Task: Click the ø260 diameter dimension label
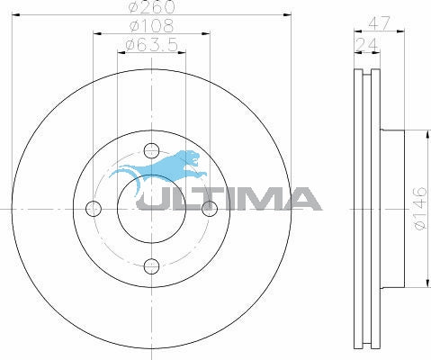(151, 6)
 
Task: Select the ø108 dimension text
(151, 26)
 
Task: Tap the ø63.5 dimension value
(152, 45)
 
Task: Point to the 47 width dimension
(380, 23)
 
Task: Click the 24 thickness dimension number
(366, 45)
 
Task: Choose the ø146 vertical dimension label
(420, 208)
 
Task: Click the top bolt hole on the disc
(151, 150)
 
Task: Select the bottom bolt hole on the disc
(151, 266)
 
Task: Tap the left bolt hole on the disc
(94, 209)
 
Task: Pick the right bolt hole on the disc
(210, 209)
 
